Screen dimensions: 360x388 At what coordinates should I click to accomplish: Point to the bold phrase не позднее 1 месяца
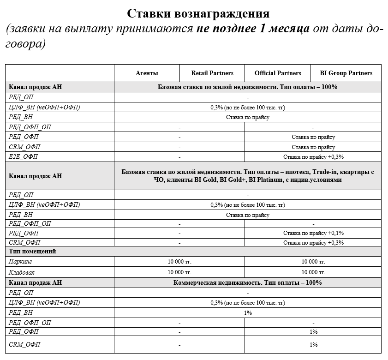(x=252, y=30)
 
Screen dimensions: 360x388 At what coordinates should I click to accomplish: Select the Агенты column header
(x=147, y=73)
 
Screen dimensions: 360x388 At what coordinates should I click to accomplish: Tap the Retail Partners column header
(x=212, y=73)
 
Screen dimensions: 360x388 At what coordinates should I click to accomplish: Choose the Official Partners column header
(x=278, y=73)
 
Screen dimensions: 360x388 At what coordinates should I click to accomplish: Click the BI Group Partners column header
(x=346, y=73)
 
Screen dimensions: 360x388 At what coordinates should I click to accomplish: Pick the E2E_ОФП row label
(x=23, y=157)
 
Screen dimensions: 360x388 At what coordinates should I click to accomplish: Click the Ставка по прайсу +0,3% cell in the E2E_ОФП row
(x=313, y=157)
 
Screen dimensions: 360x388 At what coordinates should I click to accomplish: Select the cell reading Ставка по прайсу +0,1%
(x=313, y=233)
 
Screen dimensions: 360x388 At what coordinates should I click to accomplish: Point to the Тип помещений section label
(x=32, y=252)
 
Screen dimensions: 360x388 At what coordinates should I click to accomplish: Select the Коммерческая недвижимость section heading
(x=248, y=282)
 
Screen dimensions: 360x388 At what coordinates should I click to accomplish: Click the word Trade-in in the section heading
(x=318, y=172)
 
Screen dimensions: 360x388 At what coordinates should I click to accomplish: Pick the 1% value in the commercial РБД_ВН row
(x=248, y=312)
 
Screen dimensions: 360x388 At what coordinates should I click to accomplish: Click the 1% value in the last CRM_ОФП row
(x=313, y=344)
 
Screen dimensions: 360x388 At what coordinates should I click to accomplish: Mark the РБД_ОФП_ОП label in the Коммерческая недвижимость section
(x=30, y=323)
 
